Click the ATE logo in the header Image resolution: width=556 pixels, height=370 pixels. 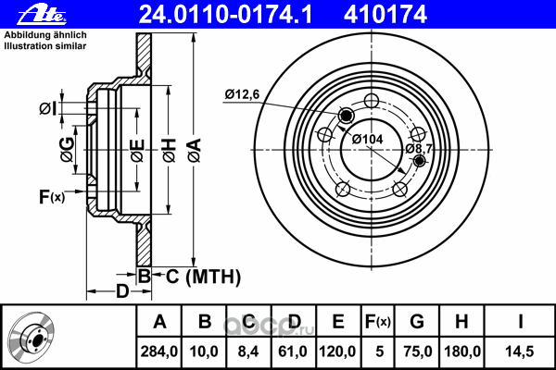coord(25,13)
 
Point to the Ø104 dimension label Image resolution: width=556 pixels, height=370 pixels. coord(369,139)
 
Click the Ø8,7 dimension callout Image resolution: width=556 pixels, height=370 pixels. coord(419,148)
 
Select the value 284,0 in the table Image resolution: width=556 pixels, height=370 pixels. coord(159,351)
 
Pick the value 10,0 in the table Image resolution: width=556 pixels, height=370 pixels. coord(205,351)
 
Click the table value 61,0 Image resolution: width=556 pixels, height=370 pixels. coord(293,351)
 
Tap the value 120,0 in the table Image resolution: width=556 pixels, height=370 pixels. coord(338,351)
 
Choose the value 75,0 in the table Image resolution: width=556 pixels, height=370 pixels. coord(418,351)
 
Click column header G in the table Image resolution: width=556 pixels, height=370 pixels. coord(417,323)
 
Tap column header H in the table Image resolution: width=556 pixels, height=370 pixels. coord(462,323)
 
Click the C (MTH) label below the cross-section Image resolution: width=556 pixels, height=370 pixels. coord(204,276)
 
